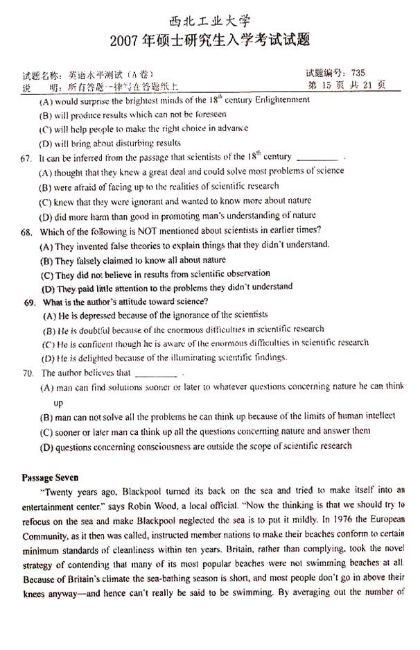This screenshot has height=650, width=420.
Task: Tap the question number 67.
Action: [x=27, y=157]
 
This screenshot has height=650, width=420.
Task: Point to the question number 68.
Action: [x=27, y=230]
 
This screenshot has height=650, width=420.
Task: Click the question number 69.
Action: [x=29, y=302]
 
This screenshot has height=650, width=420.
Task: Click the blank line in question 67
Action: [x=316, y=159]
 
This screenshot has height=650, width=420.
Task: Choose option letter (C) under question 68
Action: [x=47, y=274]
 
